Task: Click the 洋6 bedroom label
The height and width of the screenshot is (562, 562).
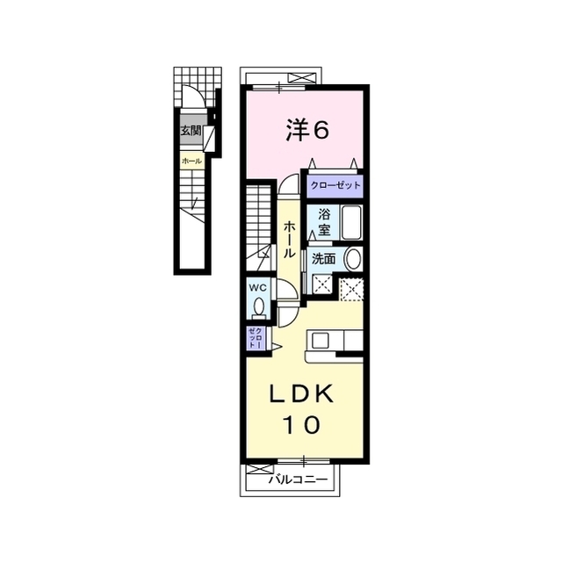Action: [306, 130]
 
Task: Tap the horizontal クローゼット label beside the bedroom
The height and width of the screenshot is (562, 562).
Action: [334, 186]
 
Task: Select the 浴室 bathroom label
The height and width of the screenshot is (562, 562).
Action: [324, 222]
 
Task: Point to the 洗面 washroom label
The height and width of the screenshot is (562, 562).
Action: [323, 259]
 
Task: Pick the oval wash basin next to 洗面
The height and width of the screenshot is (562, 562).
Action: [352, 259]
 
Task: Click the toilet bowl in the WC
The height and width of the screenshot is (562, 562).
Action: [258, 305]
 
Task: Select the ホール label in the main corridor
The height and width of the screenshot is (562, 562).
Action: [289, 239]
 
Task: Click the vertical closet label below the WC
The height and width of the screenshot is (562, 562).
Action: [255, 338]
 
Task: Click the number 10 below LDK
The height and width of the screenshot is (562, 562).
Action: [300, 425]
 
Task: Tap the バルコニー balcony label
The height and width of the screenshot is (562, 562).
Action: [299, 479]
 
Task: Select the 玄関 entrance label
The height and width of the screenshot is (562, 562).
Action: [191, 131]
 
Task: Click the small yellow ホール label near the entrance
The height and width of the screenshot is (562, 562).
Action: [191, 161]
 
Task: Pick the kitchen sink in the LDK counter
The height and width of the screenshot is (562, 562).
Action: [318, 340]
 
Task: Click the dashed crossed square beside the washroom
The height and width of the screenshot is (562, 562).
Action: [353, 287]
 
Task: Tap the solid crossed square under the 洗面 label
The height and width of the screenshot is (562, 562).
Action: [323, 285]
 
